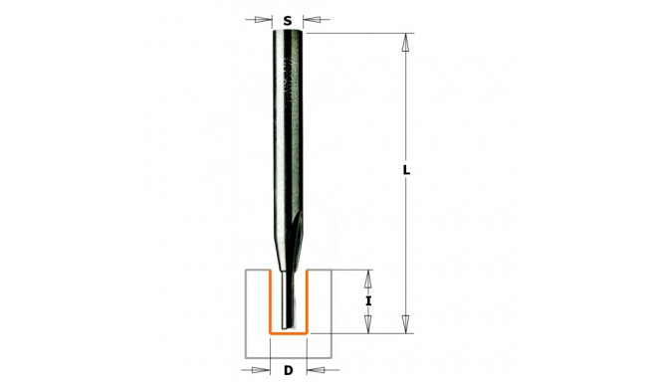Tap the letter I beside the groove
pos(369,300)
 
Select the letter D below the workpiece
pos(288,372)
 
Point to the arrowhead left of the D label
pos(263,371)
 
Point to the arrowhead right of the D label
pos(314,371)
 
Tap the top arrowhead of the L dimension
pos(405,43)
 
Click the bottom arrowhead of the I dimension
pos(369,324)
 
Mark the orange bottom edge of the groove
pos(288,332)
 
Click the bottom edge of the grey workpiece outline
pos(288,357)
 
